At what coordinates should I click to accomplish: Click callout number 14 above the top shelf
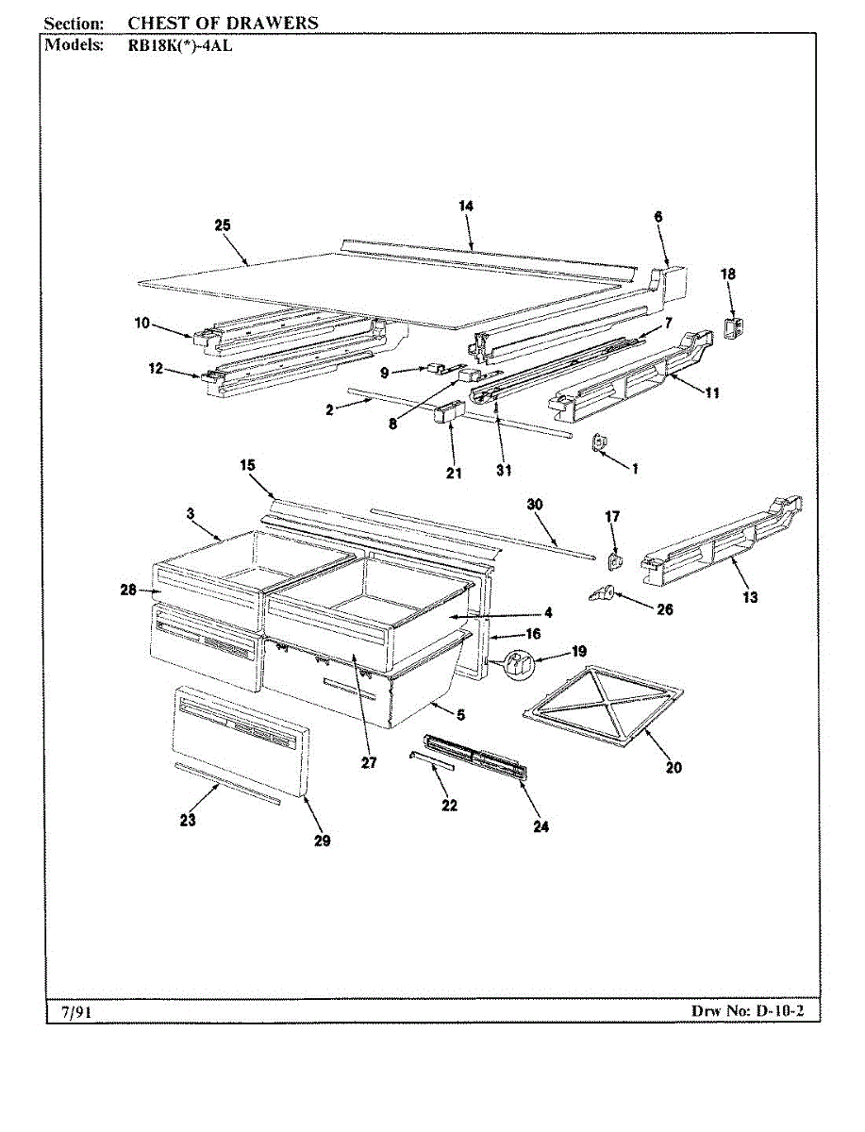point(466,206)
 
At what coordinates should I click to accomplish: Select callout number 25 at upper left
point(223,225)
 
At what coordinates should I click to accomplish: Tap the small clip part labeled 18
point(733,326)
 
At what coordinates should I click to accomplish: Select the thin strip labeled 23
point(227,784)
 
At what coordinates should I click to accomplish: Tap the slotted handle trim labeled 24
point(476,756)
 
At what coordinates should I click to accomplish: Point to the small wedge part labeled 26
point(601,592)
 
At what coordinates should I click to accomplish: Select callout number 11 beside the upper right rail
point(711,392)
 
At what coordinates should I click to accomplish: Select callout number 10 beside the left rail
point(141,324)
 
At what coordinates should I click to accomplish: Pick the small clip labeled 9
point(436,368)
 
